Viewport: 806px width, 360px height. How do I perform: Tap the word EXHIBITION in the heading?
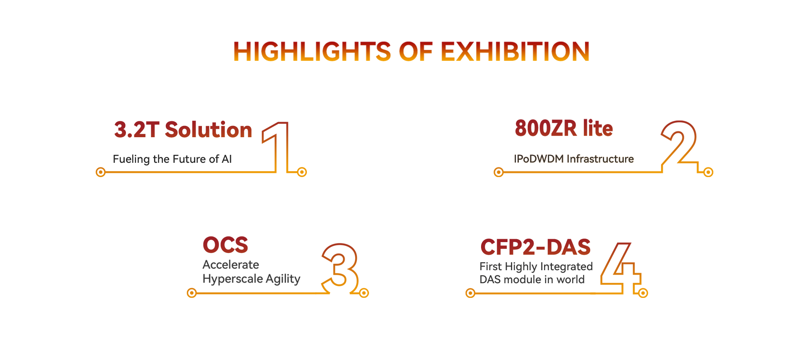(x=515, y=52)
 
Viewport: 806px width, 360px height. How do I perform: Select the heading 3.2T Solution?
(x=183, y=130)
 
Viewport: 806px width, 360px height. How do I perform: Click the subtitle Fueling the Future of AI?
(x=172, y=159)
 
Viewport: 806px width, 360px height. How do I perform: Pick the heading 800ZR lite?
(x=564, y=128)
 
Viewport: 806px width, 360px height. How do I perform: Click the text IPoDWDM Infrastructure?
(x=574, y=159)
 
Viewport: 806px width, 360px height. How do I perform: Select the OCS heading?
(x=225, y=245)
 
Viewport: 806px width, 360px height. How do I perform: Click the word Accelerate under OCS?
(x=231, y=265)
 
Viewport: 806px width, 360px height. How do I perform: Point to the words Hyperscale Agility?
(x=251, y=279)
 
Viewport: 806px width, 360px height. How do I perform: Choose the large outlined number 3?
(x=340, y=268)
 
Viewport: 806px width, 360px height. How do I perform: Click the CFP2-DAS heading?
(x=536, y=247)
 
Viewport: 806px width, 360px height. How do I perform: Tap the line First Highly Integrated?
(x=536, y=266)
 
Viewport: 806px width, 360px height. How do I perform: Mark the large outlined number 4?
(x=621, y=268)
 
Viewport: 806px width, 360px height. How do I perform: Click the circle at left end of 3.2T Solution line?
(x=101, y=172)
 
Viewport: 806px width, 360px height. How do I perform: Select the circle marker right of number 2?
(x=708, y=172)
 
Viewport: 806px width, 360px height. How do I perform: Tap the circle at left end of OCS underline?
(x=192, y=293)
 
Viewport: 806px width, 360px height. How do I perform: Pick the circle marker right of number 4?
(x=643, y=293)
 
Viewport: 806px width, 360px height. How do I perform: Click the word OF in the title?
(x=416, y=52)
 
